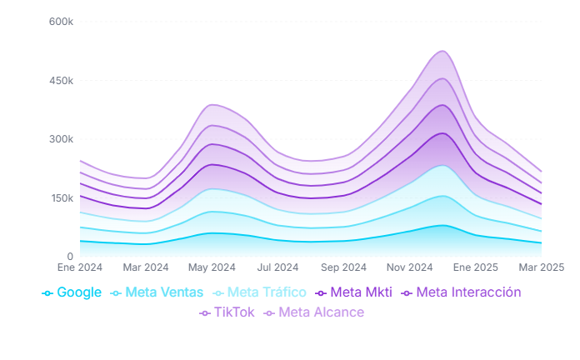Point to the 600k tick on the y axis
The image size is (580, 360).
click(x=61, y=22)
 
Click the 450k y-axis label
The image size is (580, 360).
click(x=61, y=81)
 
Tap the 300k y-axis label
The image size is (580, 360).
click(x=61, y=139)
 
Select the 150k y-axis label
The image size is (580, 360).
click(x=61, y=198)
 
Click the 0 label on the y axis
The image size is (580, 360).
click(x=70, y=257)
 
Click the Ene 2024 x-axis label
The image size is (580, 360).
click(x=78, y=267)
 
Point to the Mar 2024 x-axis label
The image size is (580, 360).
click(x=145, y=267)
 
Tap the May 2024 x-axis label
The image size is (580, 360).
click(x=212, y=267)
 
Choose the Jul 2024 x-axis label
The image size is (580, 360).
click(x=277, y=267)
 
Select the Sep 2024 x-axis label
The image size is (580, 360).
click(x=343, y=267)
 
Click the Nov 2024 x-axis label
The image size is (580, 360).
click(x=410, y=267)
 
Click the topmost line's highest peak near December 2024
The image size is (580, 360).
click(x=442, y=51)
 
